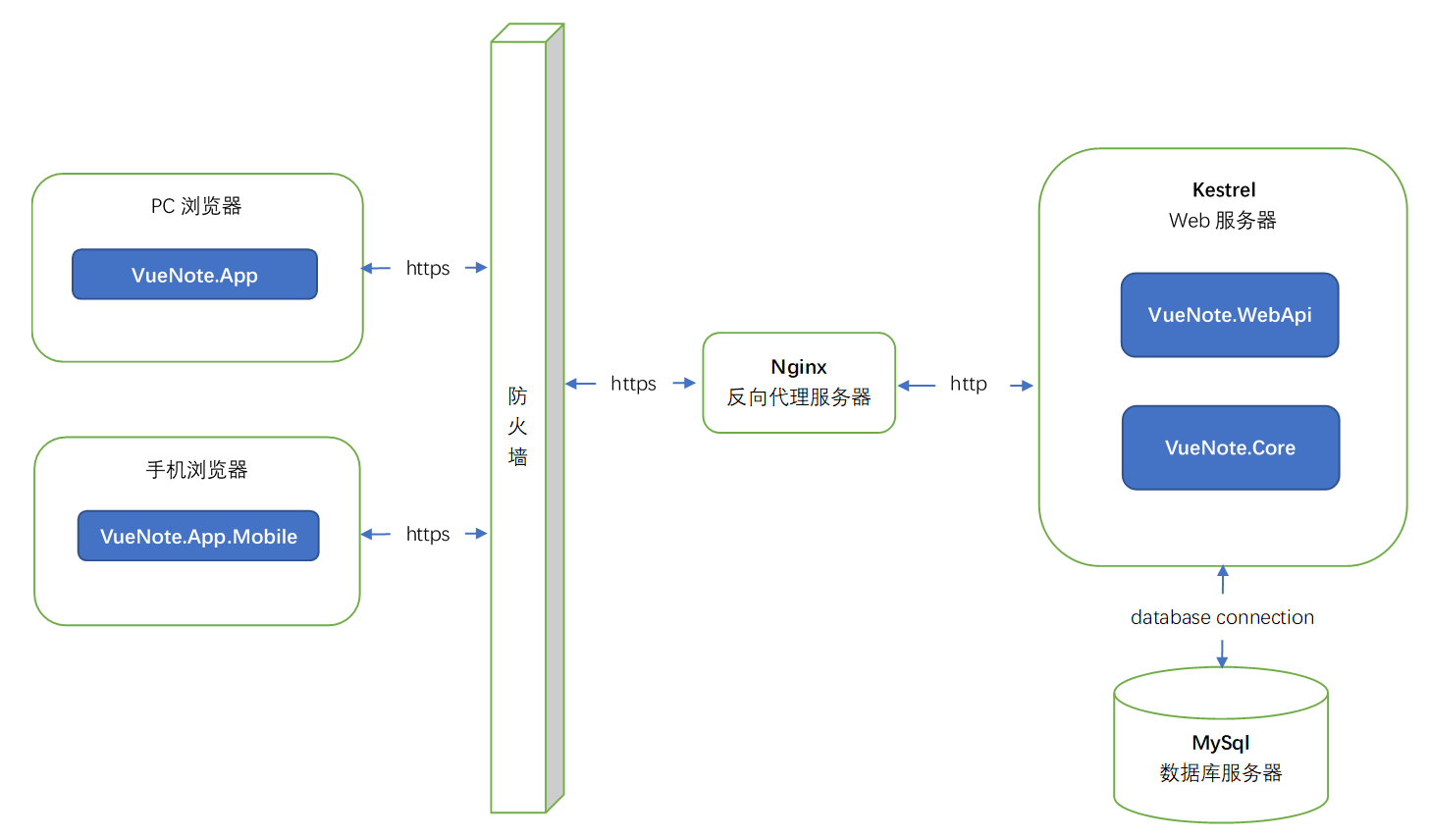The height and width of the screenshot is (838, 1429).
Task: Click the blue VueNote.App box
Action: [x=194, y=275]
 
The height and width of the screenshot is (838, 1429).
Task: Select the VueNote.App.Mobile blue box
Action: [x=198, y=536]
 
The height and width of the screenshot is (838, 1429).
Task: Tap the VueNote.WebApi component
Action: [x=1230, y=315]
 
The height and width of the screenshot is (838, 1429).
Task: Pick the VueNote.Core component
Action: [x=1230, y=447]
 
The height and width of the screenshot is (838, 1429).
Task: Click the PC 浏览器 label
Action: [x=196, y=206]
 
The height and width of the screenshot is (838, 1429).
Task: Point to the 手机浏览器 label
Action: [x=196, y=470]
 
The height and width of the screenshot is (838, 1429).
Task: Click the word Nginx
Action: [x=798, y=367]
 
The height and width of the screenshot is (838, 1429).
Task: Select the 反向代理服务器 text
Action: [x=798, y=397]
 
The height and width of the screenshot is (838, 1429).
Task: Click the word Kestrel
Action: [x=1223, y=190]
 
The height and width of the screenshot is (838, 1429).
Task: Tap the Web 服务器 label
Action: [x=1222, y=221]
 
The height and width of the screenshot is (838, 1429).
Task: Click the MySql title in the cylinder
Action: [x=1220, y=743]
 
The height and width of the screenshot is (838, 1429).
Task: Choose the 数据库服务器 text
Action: [x=1220, y=773]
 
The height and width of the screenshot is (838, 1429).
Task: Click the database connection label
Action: [x=1222, y=617]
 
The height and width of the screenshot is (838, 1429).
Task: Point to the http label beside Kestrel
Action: [x=968, y=384]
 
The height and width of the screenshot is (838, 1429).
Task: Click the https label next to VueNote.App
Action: [x=428, y=268]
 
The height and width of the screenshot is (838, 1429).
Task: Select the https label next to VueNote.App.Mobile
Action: [x=428, y=534]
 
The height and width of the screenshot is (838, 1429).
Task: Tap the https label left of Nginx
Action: [x=633, y=384]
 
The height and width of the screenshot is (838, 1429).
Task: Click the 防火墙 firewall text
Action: [x=517, y=427]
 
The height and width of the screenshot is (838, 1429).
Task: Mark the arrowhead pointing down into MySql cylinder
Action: [x=1222, y=662]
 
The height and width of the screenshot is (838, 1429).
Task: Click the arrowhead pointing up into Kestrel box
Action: [x=1222, y=571]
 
